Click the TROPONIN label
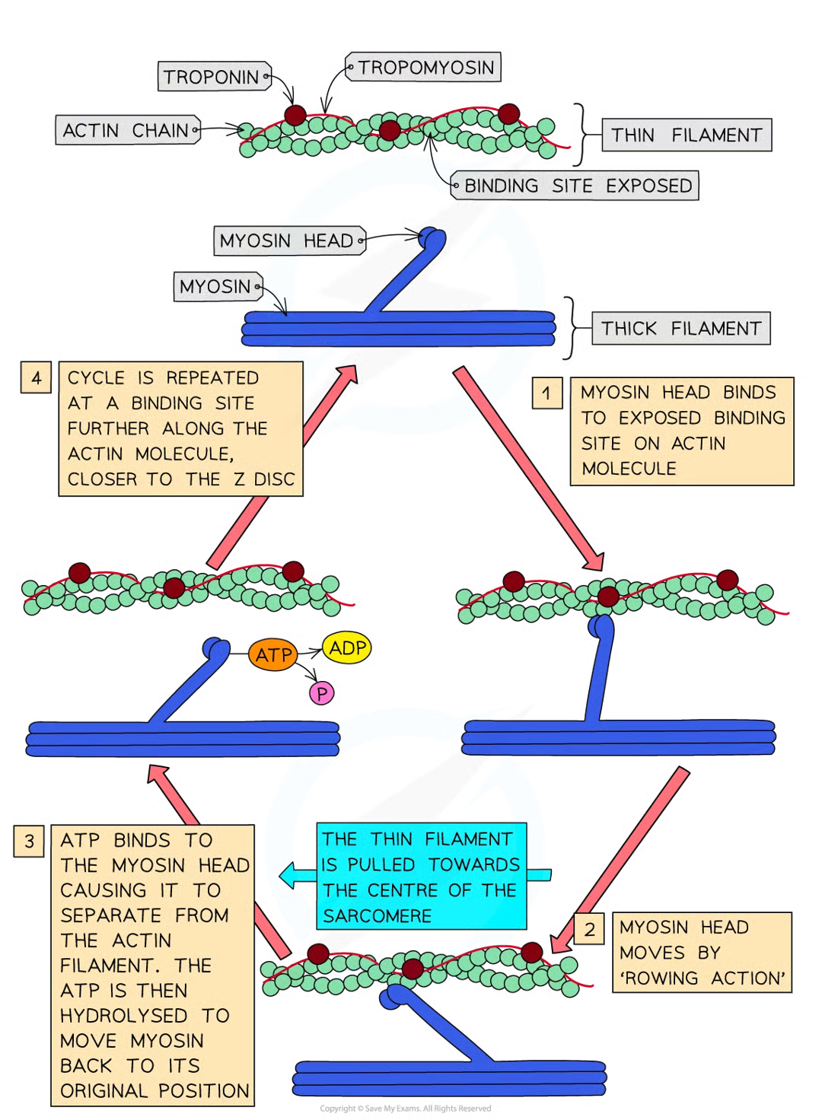pyautogui.click(x=212, y=78)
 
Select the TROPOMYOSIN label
pyautogui.click(x=426, y=68)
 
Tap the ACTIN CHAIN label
pyautogui.click(x=126, y=131)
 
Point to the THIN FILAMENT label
pyautogui.click(x=686, y=135)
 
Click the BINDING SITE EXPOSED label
pyautogui.click(x=578, y=186)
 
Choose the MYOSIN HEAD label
pyautogui.click(x=286, y=241)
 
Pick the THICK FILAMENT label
pyautogui.click(x=680, y=329)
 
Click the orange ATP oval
pyautogui.click(x=273, y=655)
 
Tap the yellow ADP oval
pyautogui.click(x=348, y=648)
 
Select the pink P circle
pyautogui.click(x=322, y=693)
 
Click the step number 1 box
pyautogui.click(x=546, y=393)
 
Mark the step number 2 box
pyautogui.click(x=589, y=929)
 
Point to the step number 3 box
pyautogui.click(x=29, y=841)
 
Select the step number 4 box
pyautogui.click(x=36, y=378)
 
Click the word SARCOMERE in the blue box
pyautogui.click(x=377, y=916)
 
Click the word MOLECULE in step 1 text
pyautogui.click(x=629, y=469)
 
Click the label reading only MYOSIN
pyautogui.click(x=215, y=287)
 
